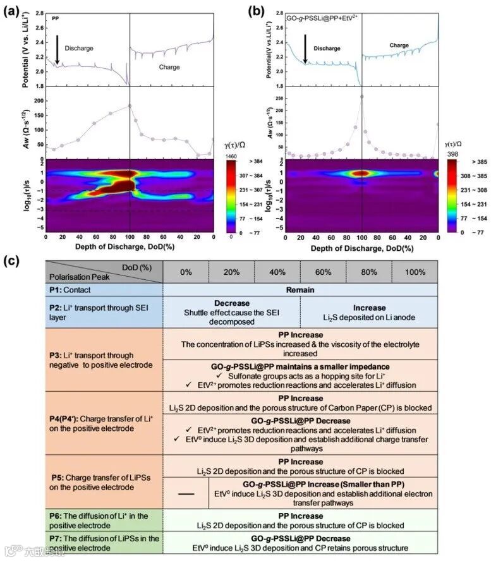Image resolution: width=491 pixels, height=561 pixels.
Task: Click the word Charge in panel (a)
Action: (x=169, y=67)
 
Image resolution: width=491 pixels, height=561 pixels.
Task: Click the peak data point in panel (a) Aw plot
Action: (x=129, y=106)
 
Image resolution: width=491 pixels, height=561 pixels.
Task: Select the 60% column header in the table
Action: (x=322, y=272)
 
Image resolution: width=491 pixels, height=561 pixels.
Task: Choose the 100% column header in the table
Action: (x=414, y=272)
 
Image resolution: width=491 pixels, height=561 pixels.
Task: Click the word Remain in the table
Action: (x=300, y=291)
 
